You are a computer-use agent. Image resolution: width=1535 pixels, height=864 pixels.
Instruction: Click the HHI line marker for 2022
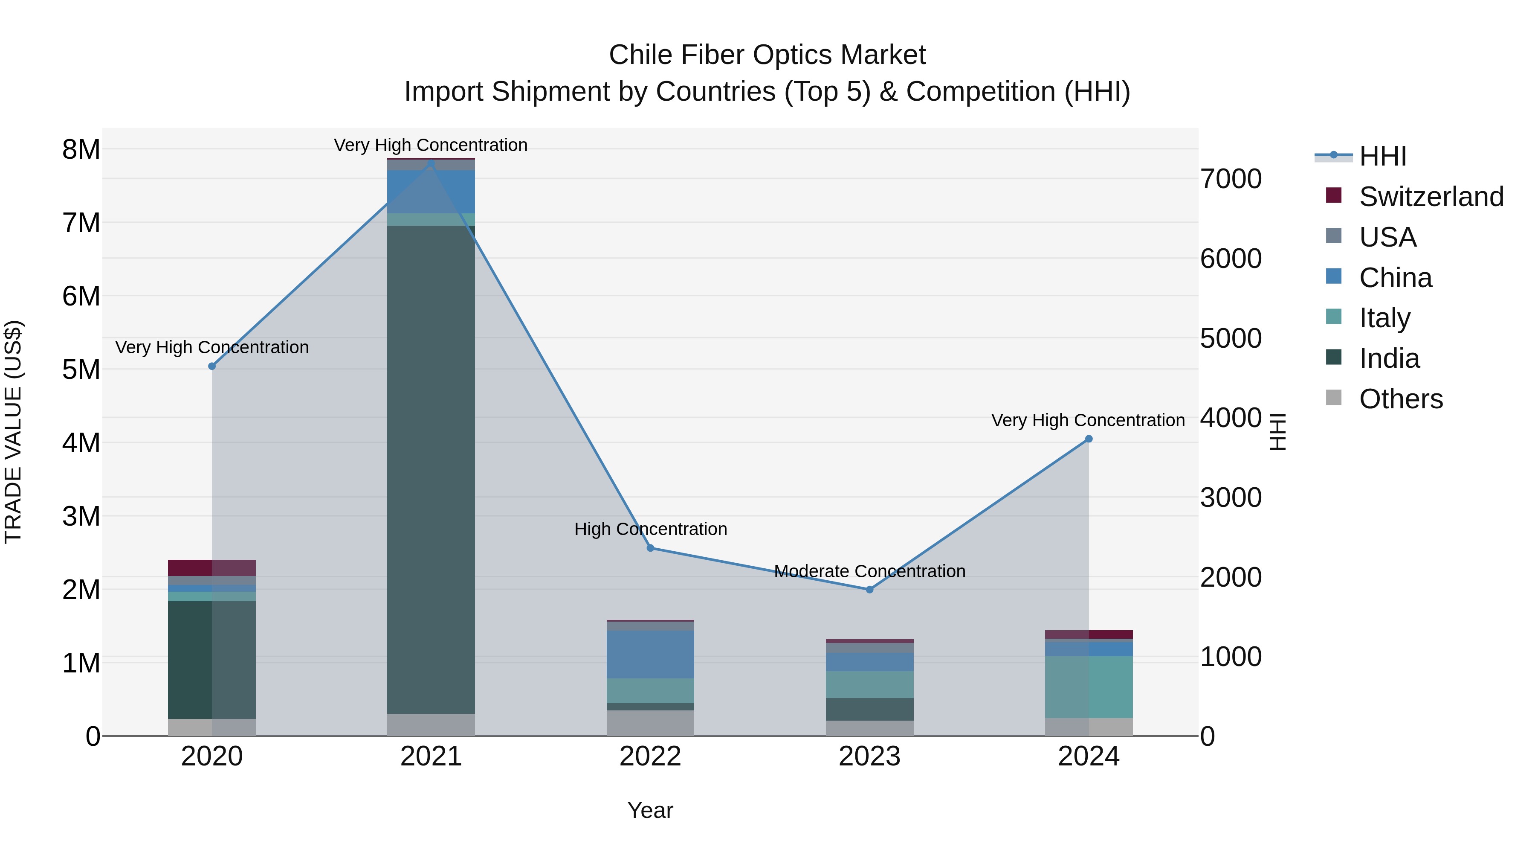(650, 548)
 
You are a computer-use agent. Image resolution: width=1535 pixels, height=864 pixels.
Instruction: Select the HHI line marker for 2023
(869, 590)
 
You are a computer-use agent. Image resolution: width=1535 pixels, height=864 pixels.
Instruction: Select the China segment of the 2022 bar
(650, 655)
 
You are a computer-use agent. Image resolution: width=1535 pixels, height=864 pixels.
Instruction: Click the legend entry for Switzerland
(1430, 197)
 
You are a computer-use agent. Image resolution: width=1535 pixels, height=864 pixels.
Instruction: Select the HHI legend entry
(1382, 156)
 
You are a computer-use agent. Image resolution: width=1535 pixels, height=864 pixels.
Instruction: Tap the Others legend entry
(1400, 399)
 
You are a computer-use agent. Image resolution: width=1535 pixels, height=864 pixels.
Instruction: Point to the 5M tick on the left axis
(81, 369)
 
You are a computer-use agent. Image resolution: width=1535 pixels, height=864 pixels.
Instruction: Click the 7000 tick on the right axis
(1231, 179)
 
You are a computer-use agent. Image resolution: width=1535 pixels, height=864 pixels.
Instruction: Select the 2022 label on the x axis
(650, 756)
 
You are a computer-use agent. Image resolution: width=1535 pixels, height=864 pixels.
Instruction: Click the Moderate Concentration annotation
(869, 571)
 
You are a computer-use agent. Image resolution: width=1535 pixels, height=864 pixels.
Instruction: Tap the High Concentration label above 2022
(650, 529)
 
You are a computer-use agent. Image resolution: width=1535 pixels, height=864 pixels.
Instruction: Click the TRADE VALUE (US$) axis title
(13, 432)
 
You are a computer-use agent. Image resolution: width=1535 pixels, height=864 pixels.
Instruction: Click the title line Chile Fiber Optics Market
(767, 55)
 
